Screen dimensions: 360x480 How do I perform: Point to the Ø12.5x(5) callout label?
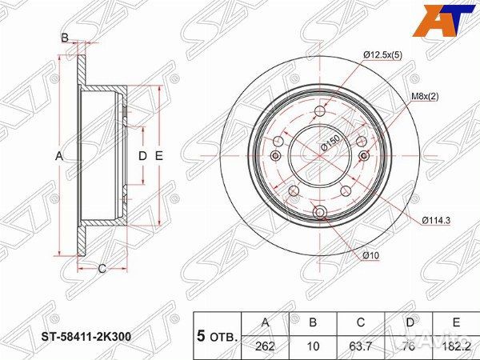point(382,55)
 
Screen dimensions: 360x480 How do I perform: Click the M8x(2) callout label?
point(426,97)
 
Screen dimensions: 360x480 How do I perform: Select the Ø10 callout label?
point(370,255)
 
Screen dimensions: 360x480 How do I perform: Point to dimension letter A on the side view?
point(58,156)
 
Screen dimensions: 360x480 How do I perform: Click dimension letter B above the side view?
point(65,37)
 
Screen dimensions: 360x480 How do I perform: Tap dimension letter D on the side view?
point(142,156)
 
